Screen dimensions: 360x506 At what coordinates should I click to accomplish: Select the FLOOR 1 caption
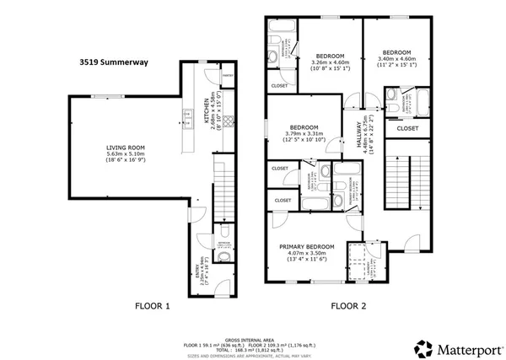pyautogui.click(x=152, y=307)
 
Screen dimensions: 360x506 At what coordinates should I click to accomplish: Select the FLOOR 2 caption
pyautogui.click(x=347, y=307)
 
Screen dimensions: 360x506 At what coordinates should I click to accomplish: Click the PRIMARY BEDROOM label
pyautogui.click(x=307, y=246)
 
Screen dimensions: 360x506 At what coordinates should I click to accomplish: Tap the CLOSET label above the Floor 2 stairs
pyautogui.click(x=406, y=128)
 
